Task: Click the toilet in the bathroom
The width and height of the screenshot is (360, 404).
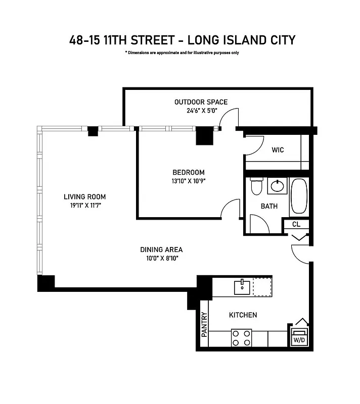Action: pos(256,186)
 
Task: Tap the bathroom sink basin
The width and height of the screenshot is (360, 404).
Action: pos(277,186)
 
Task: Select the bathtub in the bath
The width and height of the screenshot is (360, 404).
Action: pos(299,197)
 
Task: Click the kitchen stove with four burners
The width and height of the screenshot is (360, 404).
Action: pos(242,337)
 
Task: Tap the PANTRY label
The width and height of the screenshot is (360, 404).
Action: pos(205,325)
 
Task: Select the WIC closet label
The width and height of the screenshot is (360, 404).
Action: pos(278,150)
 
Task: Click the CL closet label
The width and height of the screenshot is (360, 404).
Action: pos(296,224)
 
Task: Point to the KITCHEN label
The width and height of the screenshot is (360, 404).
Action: pos(243,315)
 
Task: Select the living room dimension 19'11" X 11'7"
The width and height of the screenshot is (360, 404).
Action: pos(85,206)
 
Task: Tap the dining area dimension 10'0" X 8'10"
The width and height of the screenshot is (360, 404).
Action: pos(161,258)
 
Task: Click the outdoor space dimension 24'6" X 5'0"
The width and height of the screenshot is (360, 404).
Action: pos(201,111)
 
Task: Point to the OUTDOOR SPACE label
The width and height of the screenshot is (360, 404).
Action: pos(201,102)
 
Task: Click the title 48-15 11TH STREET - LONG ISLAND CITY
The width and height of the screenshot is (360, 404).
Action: pos(182,40)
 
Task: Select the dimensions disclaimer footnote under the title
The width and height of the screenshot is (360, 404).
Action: pos(182,53)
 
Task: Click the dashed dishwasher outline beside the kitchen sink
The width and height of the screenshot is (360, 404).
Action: pos(262,286)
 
